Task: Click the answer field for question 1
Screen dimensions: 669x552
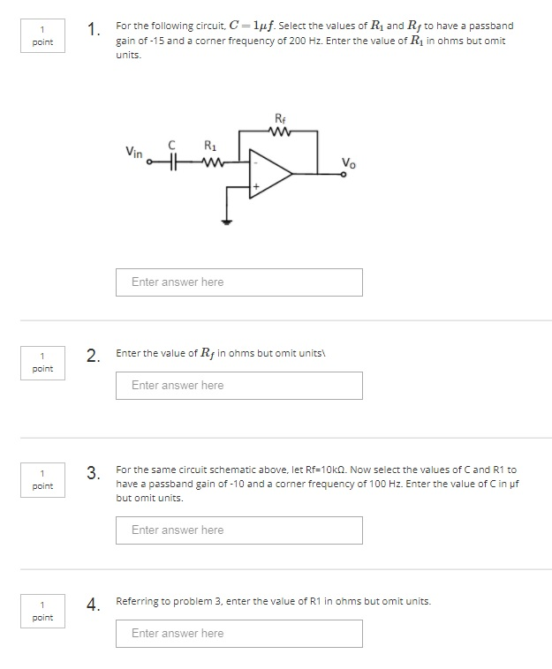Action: pos(238,282)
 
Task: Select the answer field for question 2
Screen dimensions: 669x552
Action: pos(238,386)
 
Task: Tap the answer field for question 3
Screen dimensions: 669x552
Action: pos(238,530)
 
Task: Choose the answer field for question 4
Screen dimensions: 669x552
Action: pos(238,634)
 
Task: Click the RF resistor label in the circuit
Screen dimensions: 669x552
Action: pos(280,118)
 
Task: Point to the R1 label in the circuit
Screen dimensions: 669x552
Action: pos(209,146)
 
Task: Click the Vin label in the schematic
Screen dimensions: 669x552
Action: pos(134,152)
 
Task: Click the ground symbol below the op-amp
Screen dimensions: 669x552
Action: pos(227,221)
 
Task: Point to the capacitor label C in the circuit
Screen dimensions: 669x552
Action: pos(173,145)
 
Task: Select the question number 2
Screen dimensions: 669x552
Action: pos(93,357)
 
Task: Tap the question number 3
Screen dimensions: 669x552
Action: pos(93,474)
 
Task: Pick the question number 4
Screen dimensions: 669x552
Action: pos(93,605)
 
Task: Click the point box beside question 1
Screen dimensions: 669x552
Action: pos(42,36)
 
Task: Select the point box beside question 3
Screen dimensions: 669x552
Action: pos(42,480)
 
